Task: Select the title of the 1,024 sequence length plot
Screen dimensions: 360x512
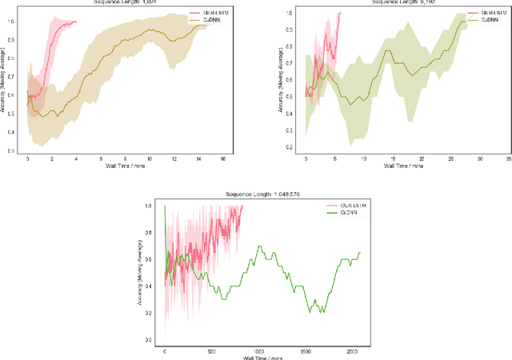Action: pos(122,2)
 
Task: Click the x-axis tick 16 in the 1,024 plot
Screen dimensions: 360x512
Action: pos(223,159)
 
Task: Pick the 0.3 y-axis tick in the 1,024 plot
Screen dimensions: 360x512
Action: pos(19,150)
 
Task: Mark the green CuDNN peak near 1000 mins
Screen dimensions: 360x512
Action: pos(258,246)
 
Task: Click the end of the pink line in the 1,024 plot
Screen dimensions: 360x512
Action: pos(77,22)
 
